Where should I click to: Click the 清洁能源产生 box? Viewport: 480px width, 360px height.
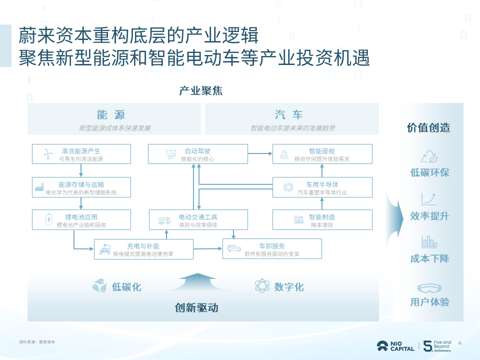[x=81, y=154]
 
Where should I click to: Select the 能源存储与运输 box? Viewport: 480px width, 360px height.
[x=81, y=187]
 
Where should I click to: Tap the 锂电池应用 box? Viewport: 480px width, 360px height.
[x=81, y=219]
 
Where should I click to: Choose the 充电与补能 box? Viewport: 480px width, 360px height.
[x=143, y=249]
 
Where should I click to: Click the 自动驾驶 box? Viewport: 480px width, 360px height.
[x=197, y=154]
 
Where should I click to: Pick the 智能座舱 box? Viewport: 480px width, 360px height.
[x=322, y=154]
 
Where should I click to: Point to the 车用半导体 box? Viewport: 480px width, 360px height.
[x=322, y=187]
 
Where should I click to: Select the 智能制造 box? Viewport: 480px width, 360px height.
[x=322, y=219]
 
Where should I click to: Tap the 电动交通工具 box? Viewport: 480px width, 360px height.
[x=198, y=219]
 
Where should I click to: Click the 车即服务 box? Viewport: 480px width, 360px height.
[x=272, y=249]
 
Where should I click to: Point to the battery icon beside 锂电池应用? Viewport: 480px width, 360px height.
[x=48, y=219]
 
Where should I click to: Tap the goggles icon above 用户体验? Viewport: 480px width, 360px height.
[x=429, y=288]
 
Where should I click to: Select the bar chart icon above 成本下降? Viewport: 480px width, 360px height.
[x=429, y=242]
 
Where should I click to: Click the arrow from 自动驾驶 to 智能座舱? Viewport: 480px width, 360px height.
[x=260, y=153]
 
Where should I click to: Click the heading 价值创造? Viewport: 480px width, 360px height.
[x=428, y=127]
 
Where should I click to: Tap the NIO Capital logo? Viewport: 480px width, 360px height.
[x=395, y=346]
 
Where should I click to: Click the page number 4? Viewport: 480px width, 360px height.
[x=459, y=343]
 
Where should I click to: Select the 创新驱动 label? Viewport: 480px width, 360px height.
[x=196, y=307]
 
